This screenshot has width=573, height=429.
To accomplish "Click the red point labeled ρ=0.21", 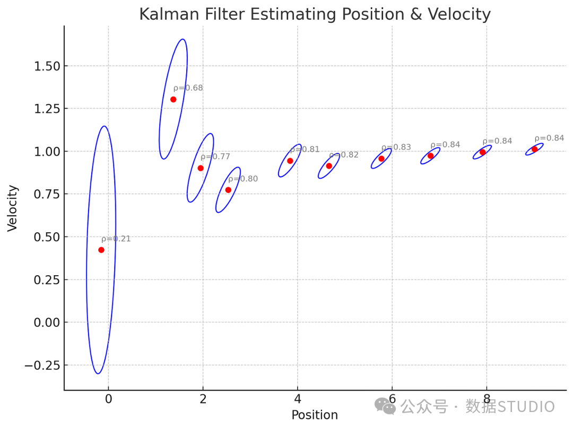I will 101,250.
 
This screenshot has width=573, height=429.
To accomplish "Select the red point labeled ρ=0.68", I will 173,99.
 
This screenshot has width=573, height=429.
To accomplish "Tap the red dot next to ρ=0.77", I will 201,168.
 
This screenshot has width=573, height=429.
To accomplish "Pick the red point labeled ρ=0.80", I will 228,190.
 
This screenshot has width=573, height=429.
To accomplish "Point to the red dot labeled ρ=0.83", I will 381,159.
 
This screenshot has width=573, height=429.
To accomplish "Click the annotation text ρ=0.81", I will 305,150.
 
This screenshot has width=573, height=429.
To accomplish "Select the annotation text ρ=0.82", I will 344,155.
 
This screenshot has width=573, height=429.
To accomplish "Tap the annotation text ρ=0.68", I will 188,88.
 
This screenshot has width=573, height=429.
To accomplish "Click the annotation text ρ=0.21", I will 116,239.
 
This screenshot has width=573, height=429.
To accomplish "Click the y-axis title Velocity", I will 13,207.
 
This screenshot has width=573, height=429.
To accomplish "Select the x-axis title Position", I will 315,415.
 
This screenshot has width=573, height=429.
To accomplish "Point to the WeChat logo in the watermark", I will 385,406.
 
